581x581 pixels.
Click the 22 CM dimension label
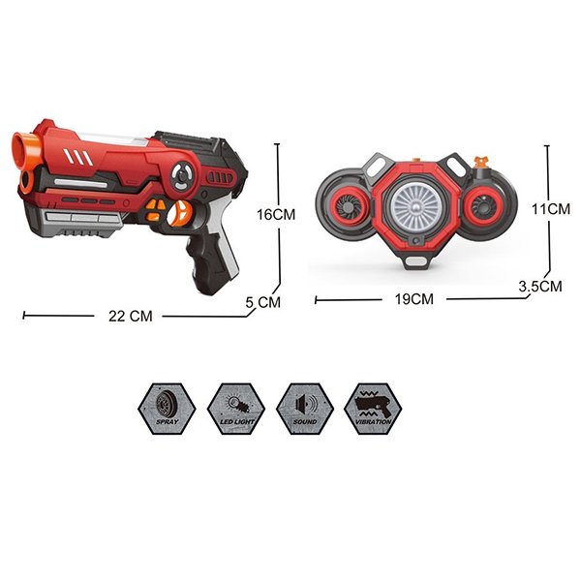[x=131, y=316]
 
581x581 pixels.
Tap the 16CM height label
[x=276, y=215]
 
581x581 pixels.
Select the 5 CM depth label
[x=263, y=302]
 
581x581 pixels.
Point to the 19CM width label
[x=414, y=299]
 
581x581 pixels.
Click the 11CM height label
[x=551, y=209]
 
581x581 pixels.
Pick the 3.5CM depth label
[x=540, y=287]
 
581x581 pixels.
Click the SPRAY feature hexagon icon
[x=167, y=409]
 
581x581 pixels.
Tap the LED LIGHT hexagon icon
[x=236, y=409]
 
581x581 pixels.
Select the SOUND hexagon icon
[x=305, y=409]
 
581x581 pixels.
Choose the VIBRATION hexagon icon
[x=373, y=409]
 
